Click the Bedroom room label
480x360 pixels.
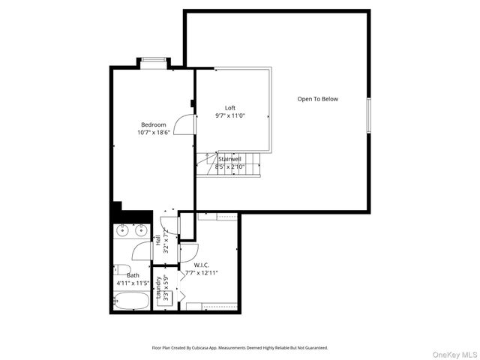tap(153, 124)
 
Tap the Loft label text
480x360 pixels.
tap(230, 108)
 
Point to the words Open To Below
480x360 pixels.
tap(318, 99)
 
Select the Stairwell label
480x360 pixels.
tap(229, 159)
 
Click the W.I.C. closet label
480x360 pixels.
tap(202, 265)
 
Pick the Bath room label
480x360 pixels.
tap(133, 275)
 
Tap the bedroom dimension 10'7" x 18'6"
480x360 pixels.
tap(153, 132)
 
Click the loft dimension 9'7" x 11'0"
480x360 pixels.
tap(230, 116)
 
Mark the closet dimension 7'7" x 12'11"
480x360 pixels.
tap(202, 273)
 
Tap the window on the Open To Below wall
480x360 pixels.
tap(368, 115)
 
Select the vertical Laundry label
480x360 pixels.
tap(158, 289)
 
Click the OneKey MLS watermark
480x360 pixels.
tap(458, 353)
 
